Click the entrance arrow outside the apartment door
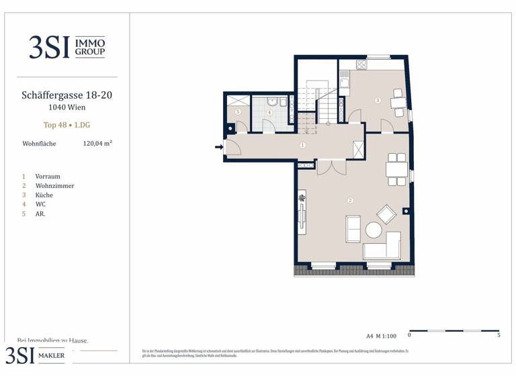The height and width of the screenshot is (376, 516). tap(218, 146)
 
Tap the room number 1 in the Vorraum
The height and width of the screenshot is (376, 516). tap(303, 145)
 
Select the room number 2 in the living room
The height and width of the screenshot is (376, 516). tap(350, 200)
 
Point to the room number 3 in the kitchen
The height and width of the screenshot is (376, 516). tap(378, 101)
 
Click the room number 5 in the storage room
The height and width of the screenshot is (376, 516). tap(238, 112)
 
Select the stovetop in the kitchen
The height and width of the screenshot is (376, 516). tap(361, 65)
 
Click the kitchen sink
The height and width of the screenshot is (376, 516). tap(343, 83)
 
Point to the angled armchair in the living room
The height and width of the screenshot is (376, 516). tap(386, 214)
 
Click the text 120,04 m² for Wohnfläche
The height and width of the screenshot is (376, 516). tap(97, 143)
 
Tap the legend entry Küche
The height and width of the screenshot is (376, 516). tap(44, 195)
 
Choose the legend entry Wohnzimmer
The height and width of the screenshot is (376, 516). tap(54, 186)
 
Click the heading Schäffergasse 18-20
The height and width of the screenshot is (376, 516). tap(67, 95)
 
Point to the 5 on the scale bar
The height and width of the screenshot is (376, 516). tap(499, 335)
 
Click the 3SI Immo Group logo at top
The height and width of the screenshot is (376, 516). tap(67, 46)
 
